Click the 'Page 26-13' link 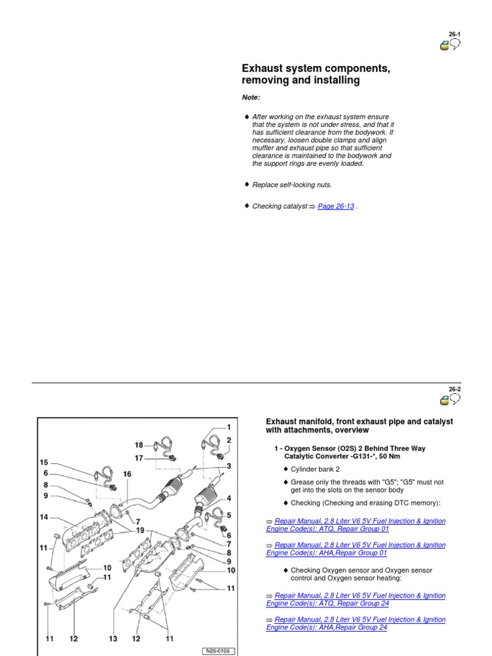click(x=336, y=206)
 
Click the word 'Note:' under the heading click(x=251, y=97)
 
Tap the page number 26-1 click(x=454, y=34)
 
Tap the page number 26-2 click(x=454, y=388)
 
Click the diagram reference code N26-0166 click(x=217, y=651)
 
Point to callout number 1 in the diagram click(x=228, y=427)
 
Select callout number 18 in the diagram click(x=140, y=445)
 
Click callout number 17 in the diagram click(x=140, y=458)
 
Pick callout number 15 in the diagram click(x=44, y=462)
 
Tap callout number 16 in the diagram click(x=127, y=473)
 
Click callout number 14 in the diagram click(x=44, y=516)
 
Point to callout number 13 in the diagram click(x=114, y=639)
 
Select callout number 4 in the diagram click(x=228, y=498)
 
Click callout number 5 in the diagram click(x=228, y=515)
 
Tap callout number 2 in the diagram click(x=228, y=440)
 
